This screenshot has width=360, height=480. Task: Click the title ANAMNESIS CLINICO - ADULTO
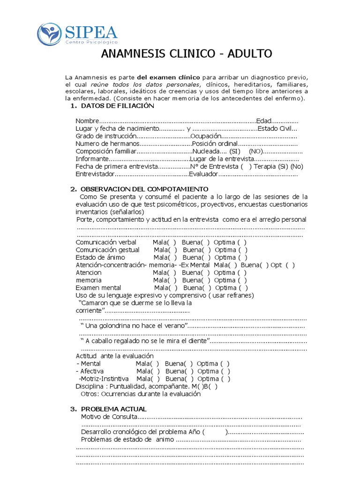pos(187,54)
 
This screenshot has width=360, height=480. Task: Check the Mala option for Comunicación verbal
pos(165,242)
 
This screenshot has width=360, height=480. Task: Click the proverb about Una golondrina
pos(135,325)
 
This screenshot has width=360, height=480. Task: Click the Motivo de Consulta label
pos(109,417)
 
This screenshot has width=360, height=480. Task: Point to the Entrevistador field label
pos(95,174)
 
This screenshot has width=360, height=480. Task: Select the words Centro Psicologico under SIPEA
pos(88,43)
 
